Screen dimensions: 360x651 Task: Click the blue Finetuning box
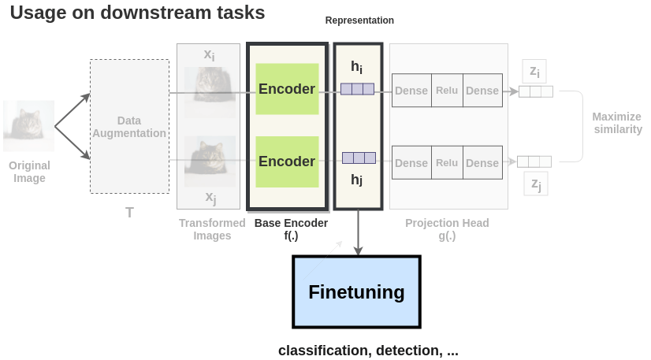tap(356, 292)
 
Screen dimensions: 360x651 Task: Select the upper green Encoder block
tap(287, 90)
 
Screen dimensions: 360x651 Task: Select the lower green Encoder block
tap(287, 161)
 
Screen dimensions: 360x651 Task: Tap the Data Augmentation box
tap(129, 127)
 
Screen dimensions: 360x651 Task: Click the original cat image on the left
tap(29, 126)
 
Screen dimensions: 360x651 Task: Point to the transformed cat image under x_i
tap(210, 92)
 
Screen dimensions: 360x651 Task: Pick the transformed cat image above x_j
tap(210, 161)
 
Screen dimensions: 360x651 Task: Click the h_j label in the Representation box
tap(357, 180)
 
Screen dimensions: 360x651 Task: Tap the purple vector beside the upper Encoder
tap(357, 89)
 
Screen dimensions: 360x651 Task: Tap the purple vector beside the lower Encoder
tap(358, 158)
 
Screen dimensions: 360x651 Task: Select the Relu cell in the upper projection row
tap(447, 91)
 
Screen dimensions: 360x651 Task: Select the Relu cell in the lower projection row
tap(447, 163)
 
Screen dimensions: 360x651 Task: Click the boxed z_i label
tap(534, 72)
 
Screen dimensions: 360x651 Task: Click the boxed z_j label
tap(535, 184)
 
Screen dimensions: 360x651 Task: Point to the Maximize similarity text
tap(616, 123)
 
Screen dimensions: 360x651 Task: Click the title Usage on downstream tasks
tap(137, 13)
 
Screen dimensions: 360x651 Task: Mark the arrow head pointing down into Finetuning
tap(358, 251)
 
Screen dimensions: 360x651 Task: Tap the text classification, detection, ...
tap(368, 351)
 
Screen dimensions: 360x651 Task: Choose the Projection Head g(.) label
tap(447, 229)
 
